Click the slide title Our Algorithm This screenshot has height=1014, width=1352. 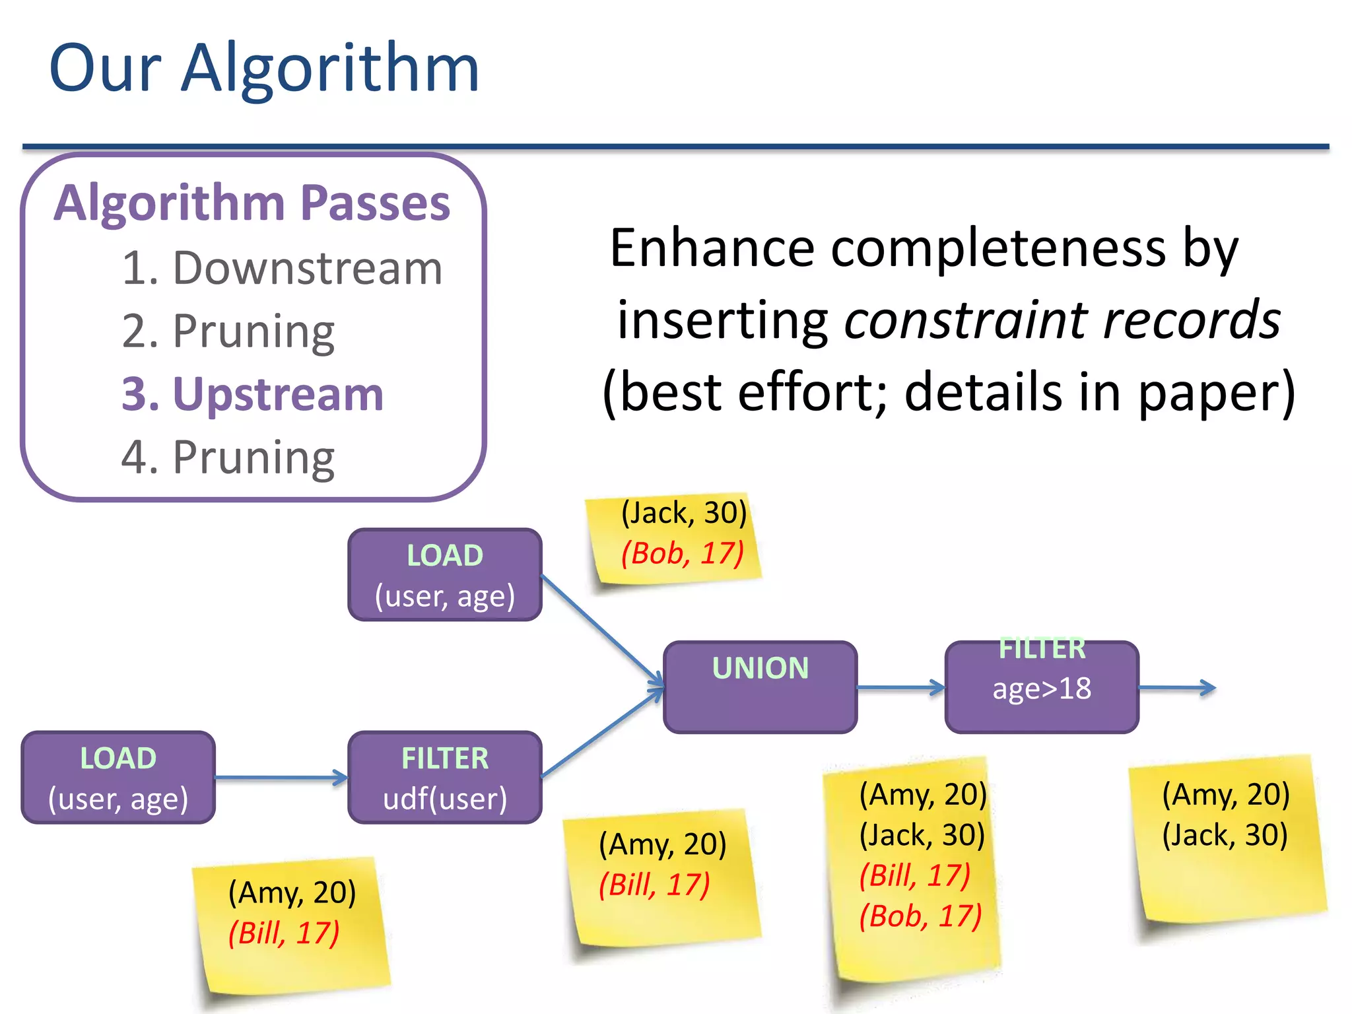click(264, 68)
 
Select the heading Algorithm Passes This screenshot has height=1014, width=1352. click(252, 203)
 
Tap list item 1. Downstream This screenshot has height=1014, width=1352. click(282, 269)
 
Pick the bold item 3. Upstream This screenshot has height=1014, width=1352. click(252, 394)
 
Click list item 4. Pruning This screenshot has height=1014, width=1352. click(228, 457)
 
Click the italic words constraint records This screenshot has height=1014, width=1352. click(1062, 320)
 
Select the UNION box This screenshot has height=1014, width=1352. click(760, 687)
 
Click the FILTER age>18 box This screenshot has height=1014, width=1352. click(1042, 687)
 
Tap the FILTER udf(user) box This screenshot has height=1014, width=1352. click(445, 778)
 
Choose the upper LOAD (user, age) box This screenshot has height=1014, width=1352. click(445, 574)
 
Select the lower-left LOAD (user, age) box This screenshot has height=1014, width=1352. click(118, 778)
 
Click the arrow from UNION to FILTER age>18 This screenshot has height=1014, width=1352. click(901, 687)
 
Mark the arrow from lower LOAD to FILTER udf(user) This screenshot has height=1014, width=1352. click(281, 778)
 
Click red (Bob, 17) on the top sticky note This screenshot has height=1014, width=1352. click(682, 553)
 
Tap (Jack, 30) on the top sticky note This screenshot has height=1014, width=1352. click(683, 512)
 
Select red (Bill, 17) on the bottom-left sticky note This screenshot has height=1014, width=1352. click(284, 933)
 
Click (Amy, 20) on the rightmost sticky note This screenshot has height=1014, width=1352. click(1225, 794)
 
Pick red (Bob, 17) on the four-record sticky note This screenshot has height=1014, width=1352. click(920, 916)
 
